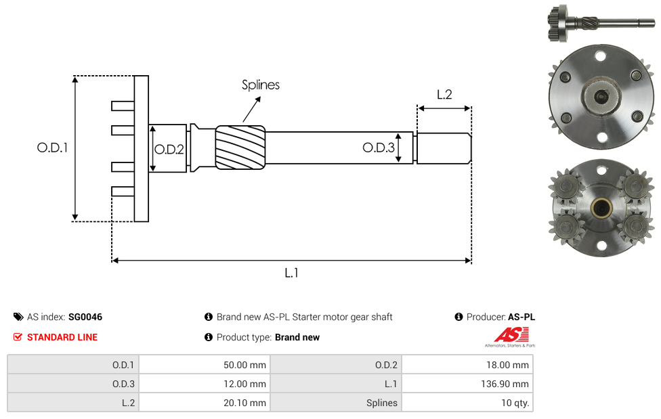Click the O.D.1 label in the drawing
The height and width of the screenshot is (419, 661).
coord(52,148)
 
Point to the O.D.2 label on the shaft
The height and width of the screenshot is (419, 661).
coord(169,149)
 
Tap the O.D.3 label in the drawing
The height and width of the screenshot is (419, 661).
coord(379,147)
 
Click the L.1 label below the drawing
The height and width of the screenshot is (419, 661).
coord(291,273)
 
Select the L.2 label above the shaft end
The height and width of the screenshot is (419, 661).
coord(444,94)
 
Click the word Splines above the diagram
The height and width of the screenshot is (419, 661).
coord(261,85)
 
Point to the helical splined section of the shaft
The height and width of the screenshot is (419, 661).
coord(240,148)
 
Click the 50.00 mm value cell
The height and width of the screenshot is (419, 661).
coord(205,365)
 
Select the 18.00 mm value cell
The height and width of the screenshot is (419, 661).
coord(467,365)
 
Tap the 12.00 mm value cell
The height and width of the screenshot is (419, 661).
coord(205,384)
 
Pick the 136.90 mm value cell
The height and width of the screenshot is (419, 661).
coord(467,384)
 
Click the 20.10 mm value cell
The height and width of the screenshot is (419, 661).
coord(205,403)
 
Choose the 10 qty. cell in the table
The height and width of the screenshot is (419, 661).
coord(467,403)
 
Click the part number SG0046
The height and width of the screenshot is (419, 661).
coord(85,317)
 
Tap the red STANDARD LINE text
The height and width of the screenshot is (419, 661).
coord(62,337)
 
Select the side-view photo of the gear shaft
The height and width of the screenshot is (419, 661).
coord(601,22)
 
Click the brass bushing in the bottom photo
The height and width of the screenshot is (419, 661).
coord(601,207)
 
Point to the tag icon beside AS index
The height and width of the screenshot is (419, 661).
coord(18,317)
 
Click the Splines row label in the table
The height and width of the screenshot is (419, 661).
coord(381,403)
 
